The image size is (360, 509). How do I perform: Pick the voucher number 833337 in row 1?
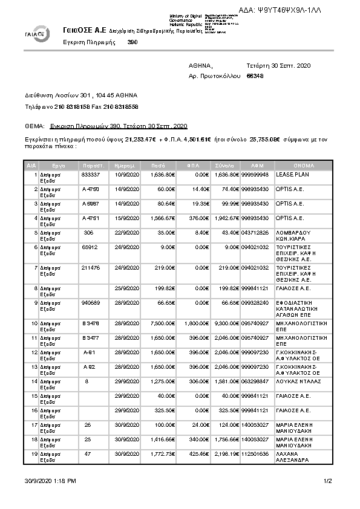[x=90, y=175]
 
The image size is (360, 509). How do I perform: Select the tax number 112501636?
[x=255, y=453]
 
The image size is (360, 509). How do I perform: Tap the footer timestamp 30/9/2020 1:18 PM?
[x=50, y=481]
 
